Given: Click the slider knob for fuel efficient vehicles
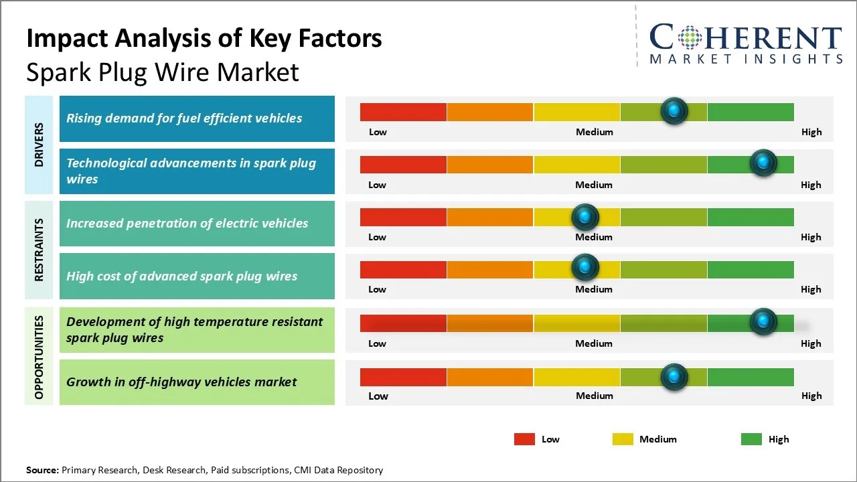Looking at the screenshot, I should click(x=674, y=110).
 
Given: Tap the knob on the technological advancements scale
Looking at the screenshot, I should click(x=763, y=163).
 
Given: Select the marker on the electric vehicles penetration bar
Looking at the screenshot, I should click(x=585, y=216).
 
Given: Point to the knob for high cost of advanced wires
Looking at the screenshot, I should click(x=585, y=268).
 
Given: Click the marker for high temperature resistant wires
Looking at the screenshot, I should click(x=763, y=321).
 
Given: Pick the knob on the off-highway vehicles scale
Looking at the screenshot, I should click(x=674, y=377).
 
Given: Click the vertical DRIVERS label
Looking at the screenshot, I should click(x=39, y=145).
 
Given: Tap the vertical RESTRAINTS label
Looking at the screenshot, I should click(x=39, y=250).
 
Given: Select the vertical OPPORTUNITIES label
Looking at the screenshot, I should click(x=39, y=357).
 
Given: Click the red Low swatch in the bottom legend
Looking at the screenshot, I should click(x=524, y=439).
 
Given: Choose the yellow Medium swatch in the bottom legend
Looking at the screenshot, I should click(x=623, y=439).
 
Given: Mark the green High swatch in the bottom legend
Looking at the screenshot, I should click(x=751, y=439).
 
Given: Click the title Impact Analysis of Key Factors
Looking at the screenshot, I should click(x=204, y=39).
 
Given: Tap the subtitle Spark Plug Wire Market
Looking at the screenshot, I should click(x=163, y=72).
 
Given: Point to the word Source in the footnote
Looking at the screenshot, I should click(x=42, y=470).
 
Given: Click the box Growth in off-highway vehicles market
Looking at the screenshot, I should click(x=197, y=382).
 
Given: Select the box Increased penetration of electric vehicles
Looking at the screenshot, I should click(x=197, y=224).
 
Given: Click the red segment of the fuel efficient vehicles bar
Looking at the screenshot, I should click(x=403, y=112).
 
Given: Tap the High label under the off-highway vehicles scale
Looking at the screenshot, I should click(x=811, y=396).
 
